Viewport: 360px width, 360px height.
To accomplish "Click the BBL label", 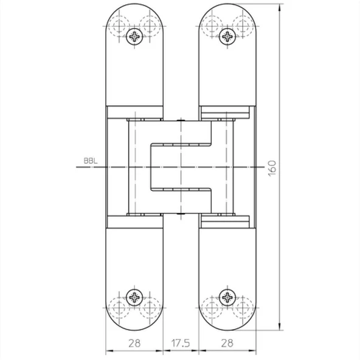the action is click(x=91, y=161).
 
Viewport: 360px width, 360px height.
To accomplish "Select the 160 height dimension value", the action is click(x=272, y=168).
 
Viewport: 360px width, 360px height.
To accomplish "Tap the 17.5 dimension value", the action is click(x=181, y=343).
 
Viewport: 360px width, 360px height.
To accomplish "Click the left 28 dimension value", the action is click(x=134, y=343).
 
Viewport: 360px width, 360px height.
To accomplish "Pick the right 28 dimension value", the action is click(x=227, y=343).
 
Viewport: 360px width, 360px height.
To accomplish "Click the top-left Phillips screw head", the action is click(x=134, y=36).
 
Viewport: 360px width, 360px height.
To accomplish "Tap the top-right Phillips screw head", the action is click(x=227, y=36).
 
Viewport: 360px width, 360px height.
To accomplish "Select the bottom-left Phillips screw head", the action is click(x=134, y=297).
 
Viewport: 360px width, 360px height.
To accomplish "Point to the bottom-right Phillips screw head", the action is click(x=227, y=297).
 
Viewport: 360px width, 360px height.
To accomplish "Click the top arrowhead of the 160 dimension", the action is click(x=279, y=7).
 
